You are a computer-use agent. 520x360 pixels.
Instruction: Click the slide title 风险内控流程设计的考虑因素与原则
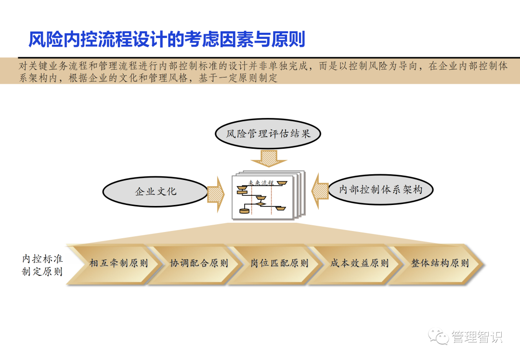(x=167, y=39)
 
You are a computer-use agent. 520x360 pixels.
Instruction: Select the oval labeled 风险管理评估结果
(x=268, y=133)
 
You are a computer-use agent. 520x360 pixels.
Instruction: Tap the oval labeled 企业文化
(x=156, y=191)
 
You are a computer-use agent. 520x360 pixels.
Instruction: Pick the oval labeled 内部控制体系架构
(x=380, y=189)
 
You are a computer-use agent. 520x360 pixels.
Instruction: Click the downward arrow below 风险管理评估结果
(x=268, y=157)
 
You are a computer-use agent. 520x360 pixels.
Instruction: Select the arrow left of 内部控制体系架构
(x=319, y=192)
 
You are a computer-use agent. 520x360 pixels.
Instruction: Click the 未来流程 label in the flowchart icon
(x=260, y=183)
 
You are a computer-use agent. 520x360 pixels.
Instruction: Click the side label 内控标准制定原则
(x=42, y=265)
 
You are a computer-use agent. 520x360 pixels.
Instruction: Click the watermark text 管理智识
(x=477, y=337)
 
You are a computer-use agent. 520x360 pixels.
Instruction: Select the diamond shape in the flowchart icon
(x=260, y=204)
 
